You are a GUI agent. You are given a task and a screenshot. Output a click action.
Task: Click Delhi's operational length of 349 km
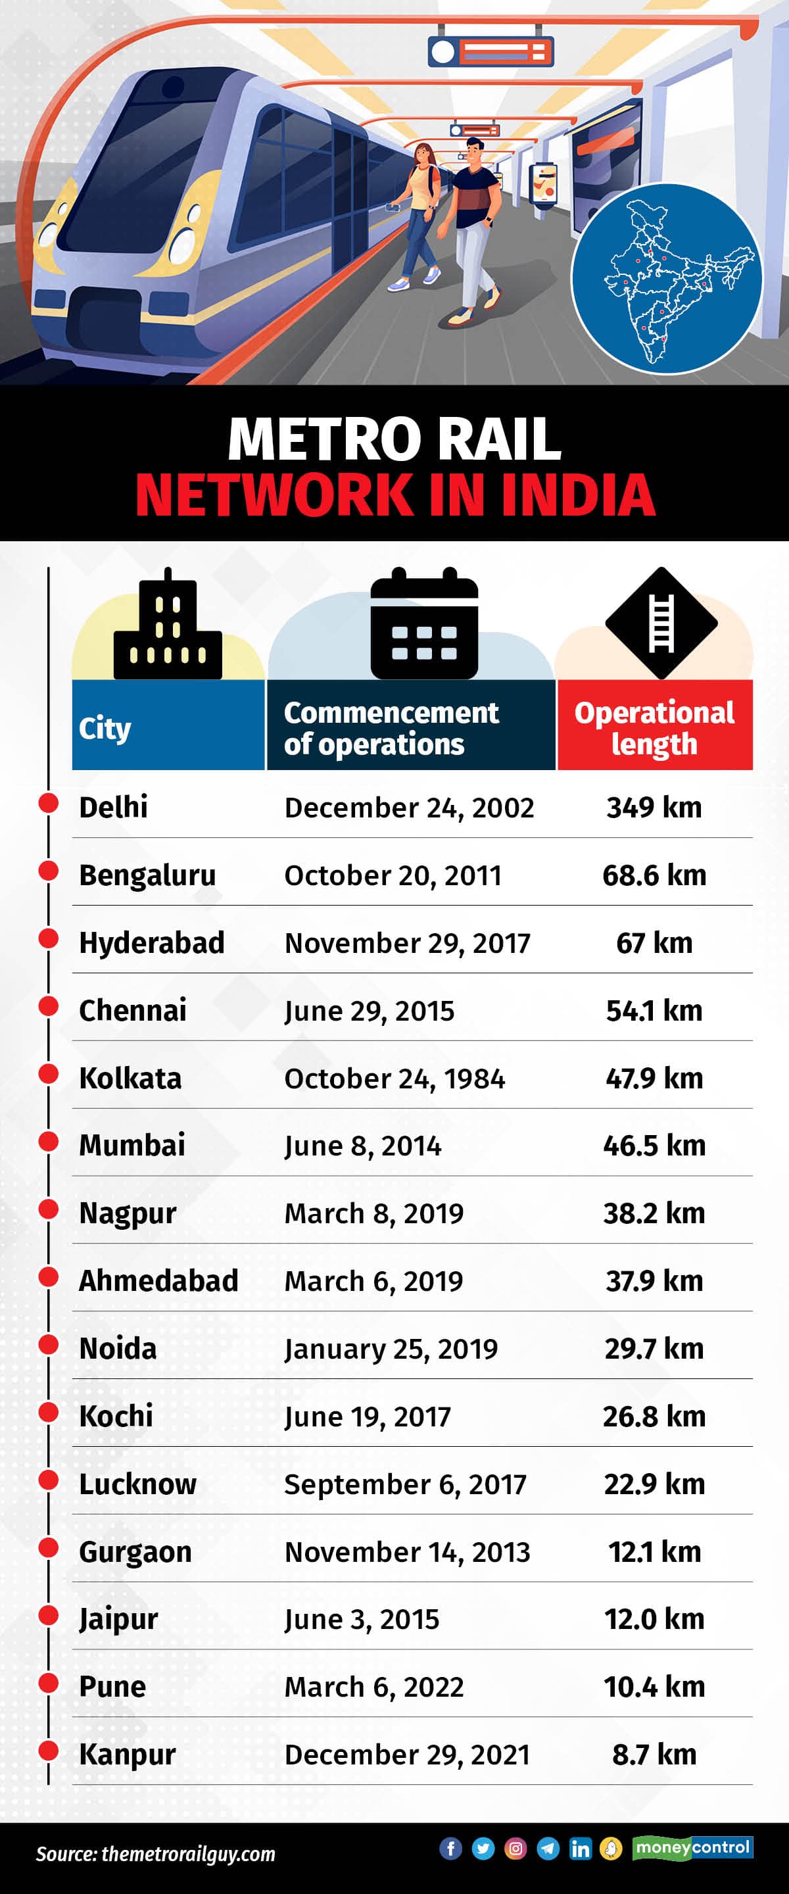654,808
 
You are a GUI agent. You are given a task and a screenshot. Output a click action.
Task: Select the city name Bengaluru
147,875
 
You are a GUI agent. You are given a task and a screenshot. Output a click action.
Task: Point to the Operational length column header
654,727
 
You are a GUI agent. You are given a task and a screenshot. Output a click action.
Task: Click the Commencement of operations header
391,727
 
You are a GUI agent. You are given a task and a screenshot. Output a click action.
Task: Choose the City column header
105,728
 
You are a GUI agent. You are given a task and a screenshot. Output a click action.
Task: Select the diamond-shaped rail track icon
661,623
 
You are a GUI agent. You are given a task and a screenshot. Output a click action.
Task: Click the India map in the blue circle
667,279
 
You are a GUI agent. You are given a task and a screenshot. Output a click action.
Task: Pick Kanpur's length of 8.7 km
654,1755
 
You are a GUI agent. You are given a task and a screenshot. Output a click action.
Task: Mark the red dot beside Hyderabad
49,938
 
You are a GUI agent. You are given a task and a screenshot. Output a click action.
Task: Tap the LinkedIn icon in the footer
580,1848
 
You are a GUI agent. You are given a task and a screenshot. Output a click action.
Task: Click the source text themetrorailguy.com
188,1854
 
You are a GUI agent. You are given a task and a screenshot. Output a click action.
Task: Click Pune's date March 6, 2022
373,1687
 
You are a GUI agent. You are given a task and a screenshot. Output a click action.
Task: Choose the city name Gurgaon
135,1551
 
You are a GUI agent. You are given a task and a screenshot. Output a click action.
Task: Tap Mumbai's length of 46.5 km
654,1146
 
